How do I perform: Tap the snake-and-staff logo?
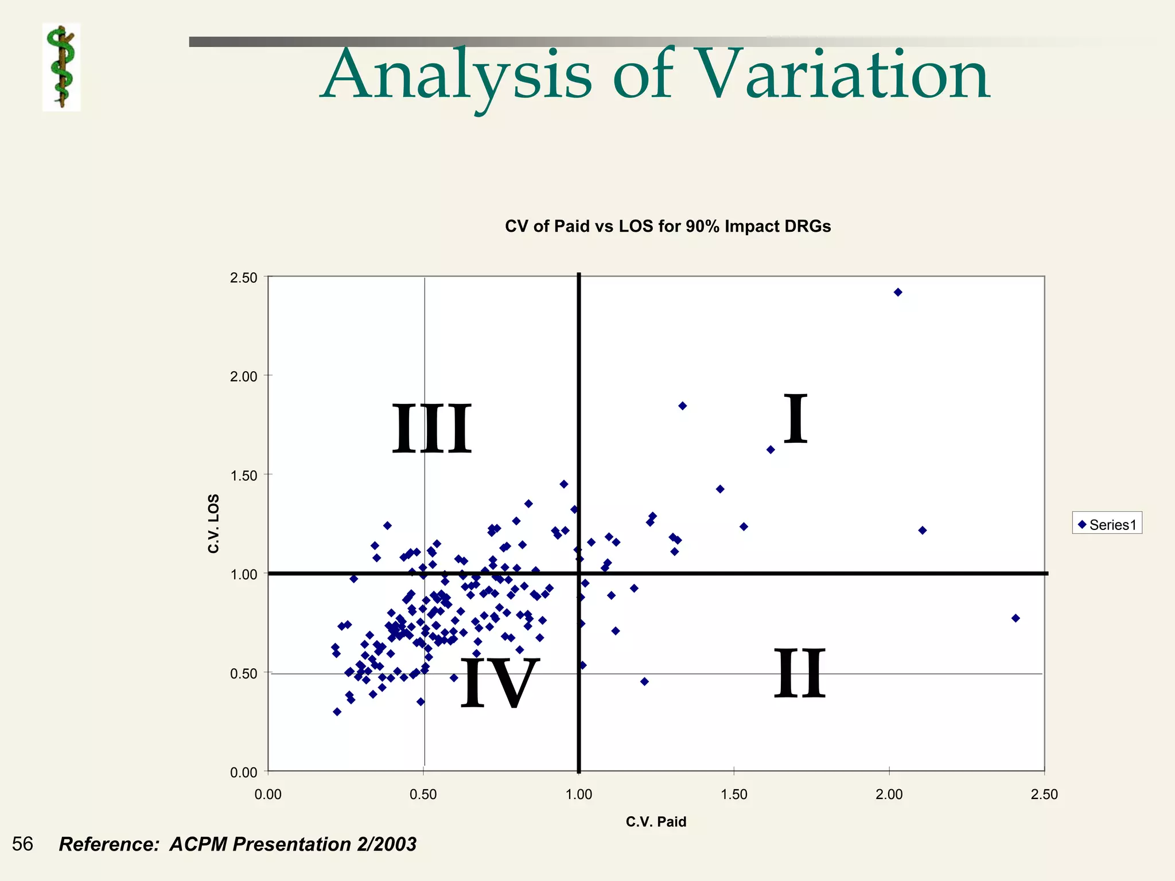(61, 67)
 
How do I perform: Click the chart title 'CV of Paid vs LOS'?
(667, 227)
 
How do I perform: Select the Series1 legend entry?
(1107, 524)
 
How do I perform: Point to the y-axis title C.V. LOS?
(213, 523)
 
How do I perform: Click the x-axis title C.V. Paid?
(656, 821)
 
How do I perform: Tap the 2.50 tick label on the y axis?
(243, 278)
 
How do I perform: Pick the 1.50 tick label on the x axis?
(734, 794)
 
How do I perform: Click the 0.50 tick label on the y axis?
(243, 673)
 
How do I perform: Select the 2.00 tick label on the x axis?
(889, 794)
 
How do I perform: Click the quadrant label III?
(431, 429)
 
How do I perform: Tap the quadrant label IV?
(500, 683)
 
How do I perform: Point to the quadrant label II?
(799, 673)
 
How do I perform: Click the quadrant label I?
(796, 419)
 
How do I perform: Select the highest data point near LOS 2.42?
(898, 293)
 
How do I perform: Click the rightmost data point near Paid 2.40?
(1016, 618)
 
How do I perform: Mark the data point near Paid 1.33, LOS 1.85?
(682, 406)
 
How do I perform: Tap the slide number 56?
(22, 844)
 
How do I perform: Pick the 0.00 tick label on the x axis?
(268, 794)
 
